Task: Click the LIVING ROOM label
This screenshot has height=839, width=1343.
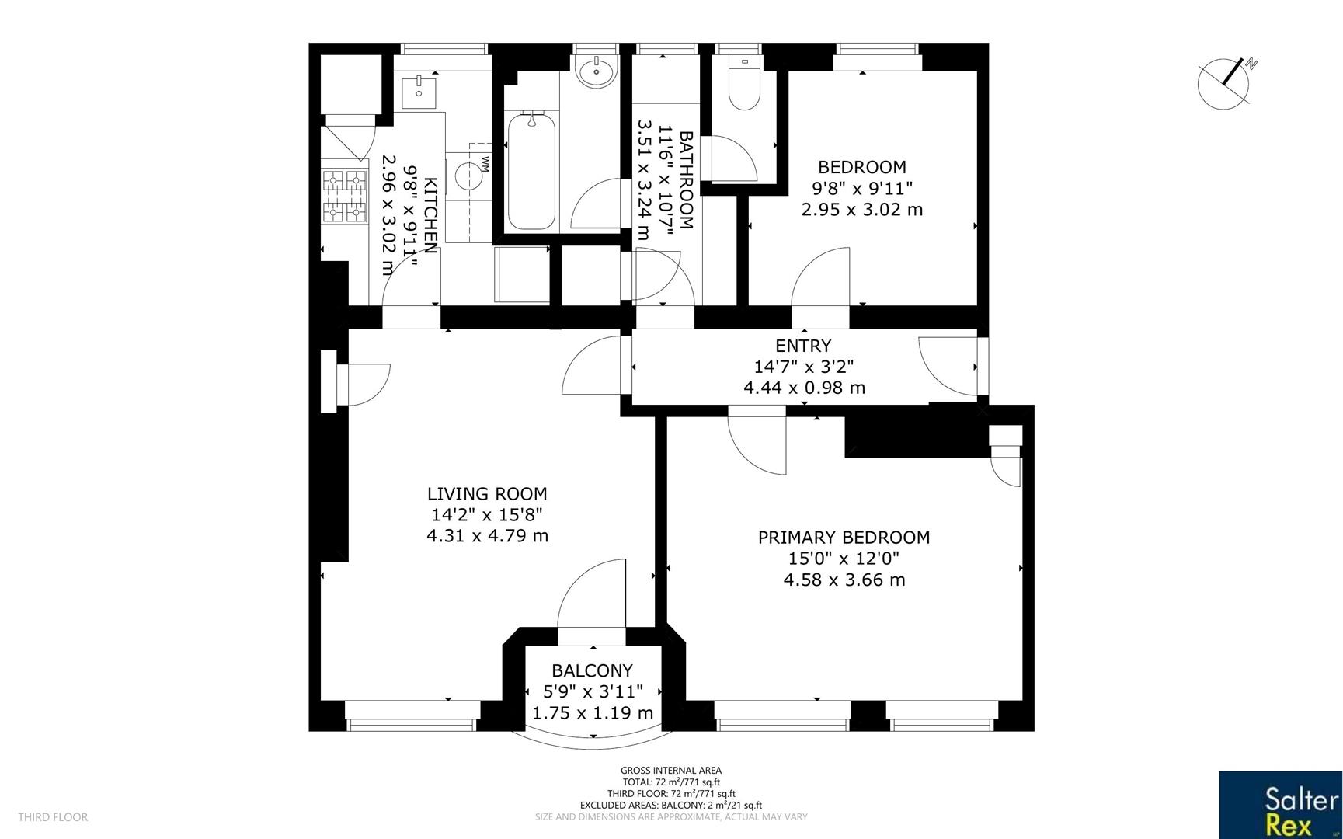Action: (x=487, y=494)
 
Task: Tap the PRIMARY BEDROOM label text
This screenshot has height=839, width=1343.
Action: (x=844, y=538)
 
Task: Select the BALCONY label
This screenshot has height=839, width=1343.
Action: (x=592, y=670)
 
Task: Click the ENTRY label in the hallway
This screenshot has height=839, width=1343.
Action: (x=803, y=346)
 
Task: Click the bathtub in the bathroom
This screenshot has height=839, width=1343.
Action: (x=532, y=171)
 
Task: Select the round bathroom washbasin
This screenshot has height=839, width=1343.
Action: (x=597, y=71)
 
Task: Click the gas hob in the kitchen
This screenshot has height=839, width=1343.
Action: (x=344, y=196)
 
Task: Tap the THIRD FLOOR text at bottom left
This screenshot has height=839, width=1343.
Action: (x=53, y=817)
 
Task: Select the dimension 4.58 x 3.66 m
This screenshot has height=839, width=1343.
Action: (x=844, y=580)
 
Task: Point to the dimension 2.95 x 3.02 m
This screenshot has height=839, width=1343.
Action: (x=861, y=209)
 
